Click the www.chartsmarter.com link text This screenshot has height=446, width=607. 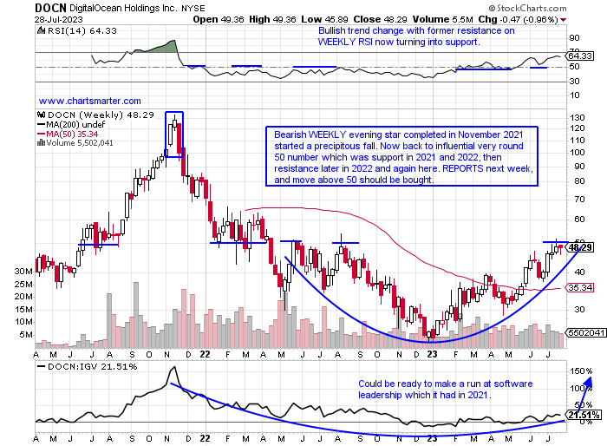click(x=90, y=101)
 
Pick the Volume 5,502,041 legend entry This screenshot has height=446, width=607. click(x=79, y=143)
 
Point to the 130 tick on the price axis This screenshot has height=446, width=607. click(x=578, y=116)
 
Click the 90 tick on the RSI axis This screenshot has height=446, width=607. click(x=574, y=37)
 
